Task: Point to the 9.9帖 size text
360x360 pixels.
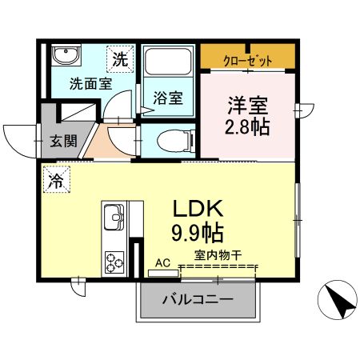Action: click(x=197, y=234)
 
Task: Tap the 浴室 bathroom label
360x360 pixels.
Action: click(x=167, y=99)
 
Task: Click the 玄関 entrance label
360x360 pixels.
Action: click(x=65, y=141)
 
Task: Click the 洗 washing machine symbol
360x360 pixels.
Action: click(x=119, y=58)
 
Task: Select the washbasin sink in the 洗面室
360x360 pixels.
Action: click(x=66, y=56)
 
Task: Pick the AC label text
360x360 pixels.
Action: click(x=162, y=262)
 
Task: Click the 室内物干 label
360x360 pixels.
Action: click(x=218, y=256)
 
